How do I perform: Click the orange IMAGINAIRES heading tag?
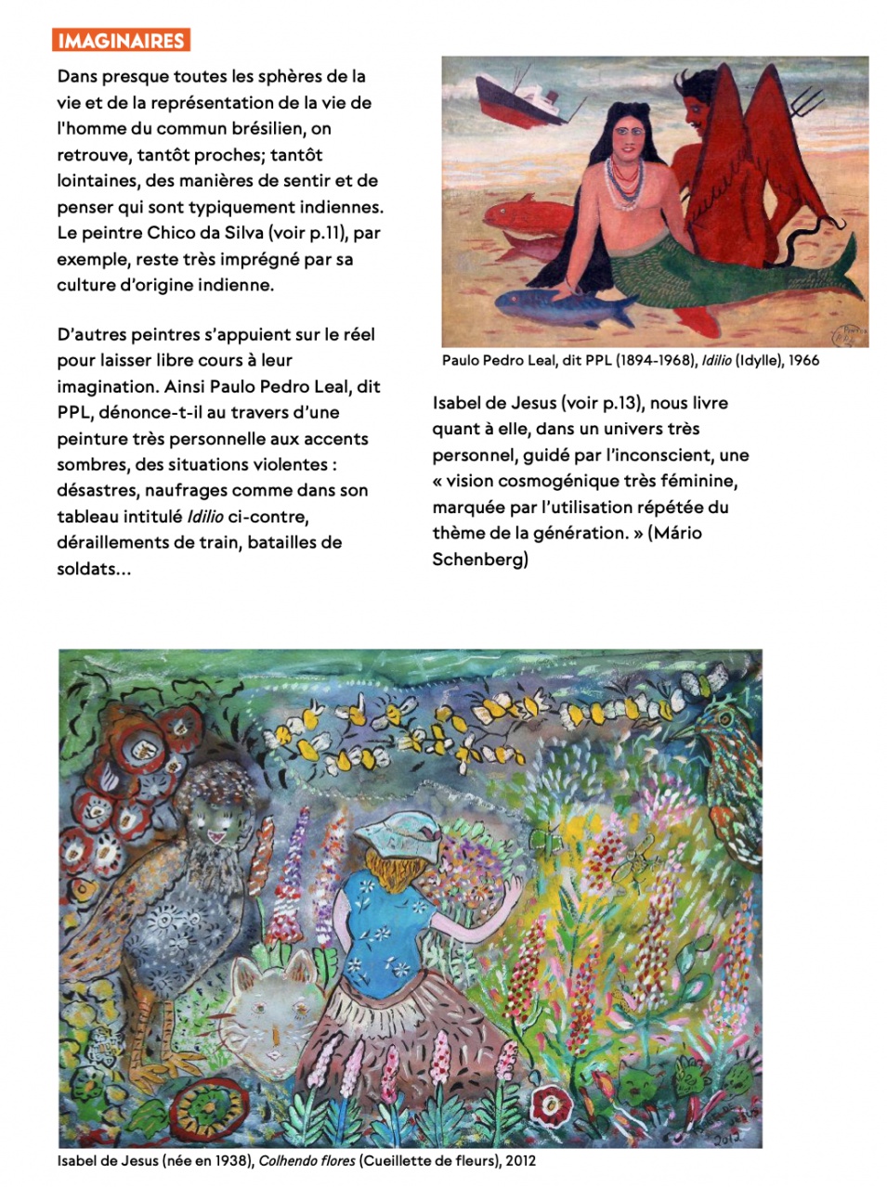[x=122, y=41]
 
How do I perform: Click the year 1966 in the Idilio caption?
[x=803, y=360]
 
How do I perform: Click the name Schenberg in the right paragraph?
[x=480, y=559]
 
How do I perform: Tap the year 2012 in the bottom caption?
[x=520, y=1160]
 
